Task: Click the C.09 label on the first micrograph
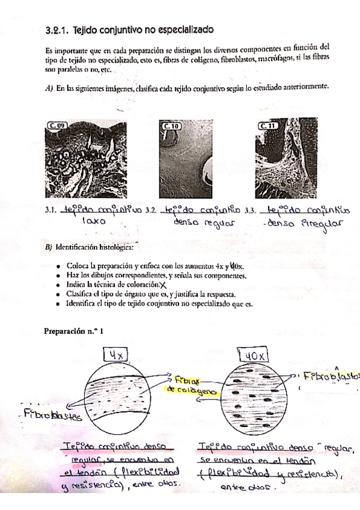58,125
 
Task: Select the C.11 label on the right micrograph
267,125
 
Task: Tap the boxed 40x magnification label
255,355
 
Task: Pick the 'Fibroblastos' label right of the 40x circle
329,376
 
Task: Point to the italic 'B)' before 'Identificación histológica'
49,247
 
